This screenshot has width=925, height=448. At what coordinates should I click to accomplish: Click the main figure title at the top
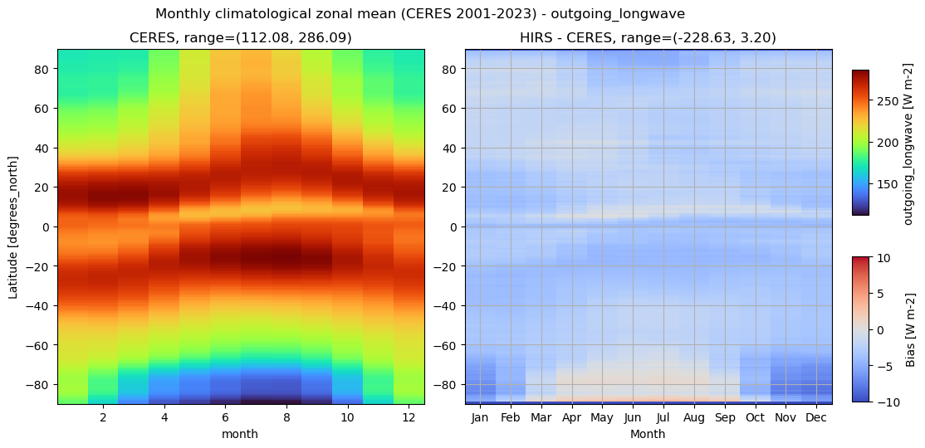click(419, 14)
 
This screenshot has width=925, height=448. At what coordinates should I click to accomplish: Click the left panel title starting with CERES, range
click(240, 38)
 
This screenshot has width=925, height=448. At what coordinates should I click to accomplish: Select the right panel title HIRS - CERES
click(648, 38)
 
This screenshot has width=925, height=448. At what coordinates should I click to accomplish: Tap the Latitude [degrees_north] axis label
click(13, 226)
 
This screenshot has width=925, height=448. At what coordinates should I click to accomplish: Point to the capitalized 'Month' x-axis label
click(648, 434)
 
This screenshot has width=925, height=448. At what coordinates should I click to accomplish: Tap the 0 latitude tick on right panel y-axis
click(456, 226)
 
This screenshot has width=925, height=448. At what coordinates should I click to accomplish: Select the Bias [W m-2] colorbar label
click(910, 329)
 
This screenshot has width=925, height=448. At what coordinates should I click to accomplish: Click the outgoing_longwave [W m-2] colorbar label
click(910, 143)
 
